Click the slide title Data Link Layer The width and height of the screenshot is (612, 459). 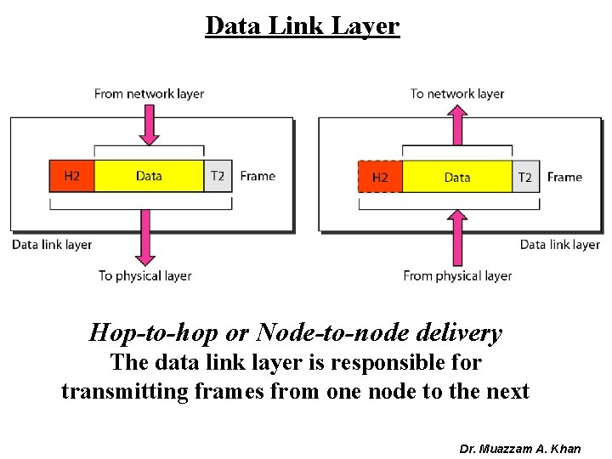point(302,26)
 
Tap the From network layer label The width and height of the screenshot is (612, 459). point(149,93)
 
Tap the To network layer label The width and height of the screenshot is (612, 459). point(457,93)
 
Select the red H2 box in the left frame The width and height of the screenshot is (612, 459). point(72,176)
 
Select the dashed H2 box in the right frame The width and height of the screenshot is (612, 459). point(380,177)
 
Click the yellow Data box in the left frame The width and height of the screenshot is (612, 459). point(149,176)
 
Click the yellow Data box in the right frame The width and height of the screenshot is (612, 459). point(457,177)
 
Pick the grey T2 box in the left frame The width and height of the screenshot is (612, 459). point(218,176)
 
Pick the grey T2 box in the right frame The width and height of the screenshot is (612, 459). point(525,177)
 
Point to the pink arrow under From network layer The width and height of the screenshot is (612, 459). point(149,125)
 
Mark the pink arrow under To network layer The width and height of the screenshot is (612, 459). point(457,125)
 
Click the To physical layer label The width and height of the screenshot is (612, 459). point(144,275)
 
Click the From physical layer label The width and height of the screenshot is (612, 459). point(457,275)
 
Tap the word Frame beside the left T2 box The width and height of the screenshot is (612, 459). point(258,176)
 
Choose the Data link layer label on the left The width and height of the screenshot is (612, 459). point(52,245)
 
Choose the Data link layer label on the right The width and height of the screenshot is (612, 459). point(559,245)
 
